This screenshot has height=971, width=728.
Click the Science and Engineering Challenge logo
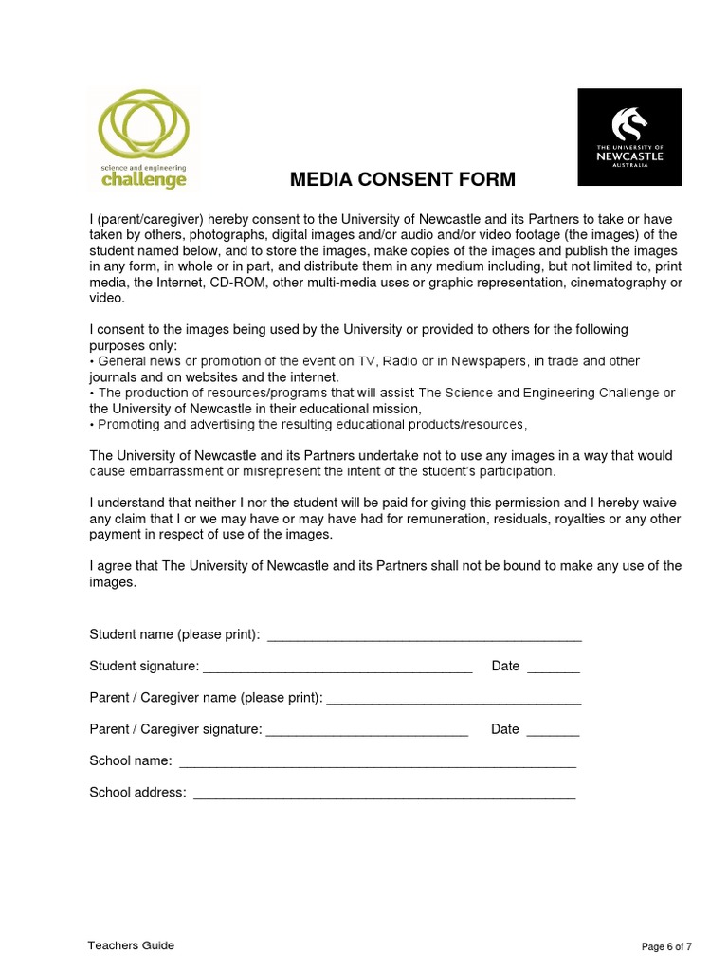pyautogui.click(x=144, y=138)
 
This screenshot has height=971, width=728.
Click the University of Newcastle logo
pyautogui.click(x=629, y=137)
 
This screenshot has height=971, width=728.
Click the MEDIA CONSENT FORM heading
pyautogui.click(x=403, y=179)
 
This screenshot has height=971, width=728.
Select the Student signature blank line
pyautogui.click(x=337, y=669)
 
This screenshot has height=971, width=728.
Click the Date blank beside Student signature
pyautogui.click(x=553, y=669)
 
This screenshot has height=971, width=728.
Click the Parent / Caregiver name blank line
pyautogui.click(x=453, y=700)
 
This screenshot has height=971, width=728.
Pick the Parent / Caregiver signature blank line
pyautogui.click(x=367, y=731)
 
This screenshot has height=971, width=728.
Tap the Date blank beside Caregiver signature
pyautogui.click(x=553, y=731)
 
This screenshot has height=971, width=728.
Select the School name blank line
pyautogui.click(x=377, y=762)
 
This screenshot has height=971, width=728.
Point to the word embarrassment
pyautogui.click(x=176, y=471)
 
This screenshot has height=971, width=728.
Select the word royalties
pyautogui.click(x=572, y=519)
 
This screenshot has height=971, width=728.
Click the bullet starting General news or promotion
pyautogui.click(x=92, y=361)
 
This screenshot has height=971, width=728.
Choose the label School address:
pyautogui.click(x=137, y=793)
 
